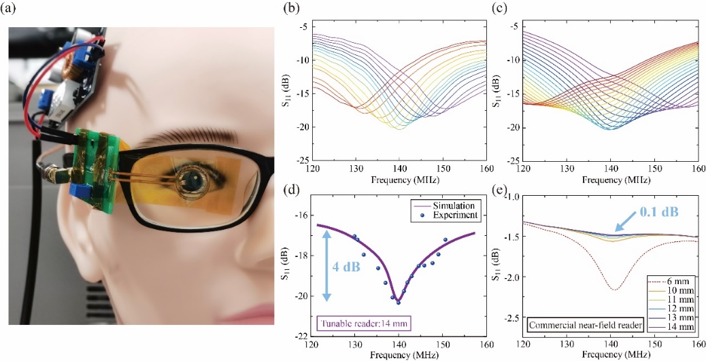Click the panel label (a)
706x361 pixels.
coord(13,10)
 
